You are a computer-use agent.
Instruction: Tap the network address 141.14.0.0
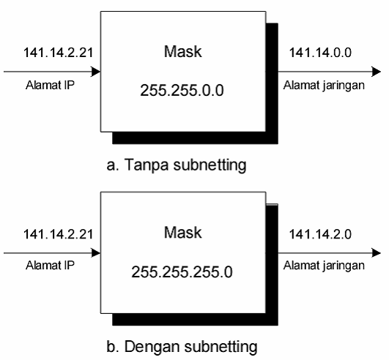[x=321, y=52]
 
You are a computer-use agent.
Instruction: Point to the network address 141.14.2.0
[x=321, y=234]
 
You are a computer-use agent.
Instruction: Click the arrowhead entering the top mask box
[x=95, y=72]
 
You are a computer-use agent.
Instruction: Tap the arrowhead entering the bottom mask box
[x=95, y=253]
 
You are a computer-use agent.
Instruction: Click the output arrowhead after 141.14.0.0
[x=376, y=72]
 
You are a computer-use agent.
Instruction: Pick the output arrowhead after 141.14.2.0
[x=376, y=253]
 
